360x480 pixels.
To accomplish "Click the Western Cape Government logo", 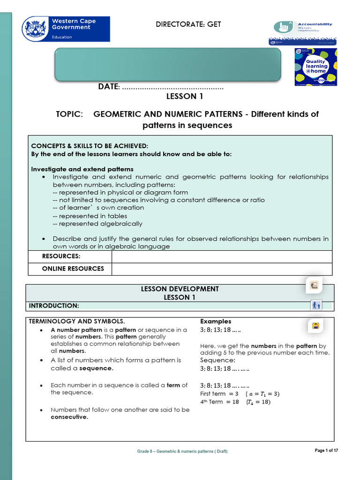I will [66, 29].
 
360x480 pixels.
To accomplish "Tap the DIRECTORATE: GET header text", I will [188, 24].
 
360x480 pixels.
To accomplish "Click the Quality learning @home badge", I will [315, 67].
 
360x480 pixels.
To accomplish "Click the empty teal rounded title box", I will [168, 64].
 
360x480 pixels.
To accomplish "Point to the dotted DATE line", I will [172, 87].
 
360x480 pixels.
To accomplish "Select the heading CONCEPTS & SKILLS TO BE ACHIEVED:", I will [90, 146].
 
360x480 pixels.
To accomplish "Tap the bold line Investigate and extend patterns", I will [82, 169].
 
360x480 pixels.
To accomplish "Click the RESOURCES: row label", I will [61, 256].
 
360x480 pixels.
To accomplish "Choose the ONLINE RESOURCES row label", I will [73, 269].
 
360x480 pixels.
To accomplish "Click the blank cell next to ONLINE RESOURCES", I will [221, 269].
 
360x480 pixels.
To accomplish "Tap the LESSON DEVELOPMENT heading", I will [180, 289].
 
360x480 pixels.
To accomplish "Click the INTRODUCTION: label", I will [54, 306].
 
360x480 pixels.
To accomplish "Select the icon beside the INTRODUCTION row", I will [316, 306].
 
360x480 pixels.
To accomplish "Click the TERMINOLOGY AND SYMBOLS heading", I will [77, 321].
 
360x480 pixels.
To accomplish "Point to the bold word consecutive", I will [69, 417].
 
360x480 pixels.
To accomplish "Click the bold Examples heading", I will [216, 321].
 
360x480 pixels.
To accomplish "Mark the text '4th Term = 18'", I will [219, 402].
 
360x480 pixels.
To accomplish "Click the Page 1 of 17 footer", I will [326, 450].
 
